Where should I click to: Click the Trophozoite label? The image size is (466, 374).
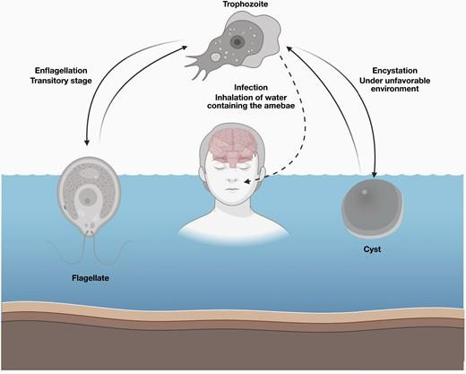[246, 4]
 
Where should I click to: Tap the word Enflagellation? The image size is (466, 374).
[61, 71]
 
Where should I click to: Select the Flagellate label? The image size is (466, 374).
[91, 278]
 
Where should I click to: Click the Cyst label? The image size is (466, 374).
[372, 249]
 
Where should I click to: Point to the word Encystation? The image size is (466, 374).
[394, 71]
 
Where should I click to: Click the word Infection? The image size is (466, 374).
[251, 88]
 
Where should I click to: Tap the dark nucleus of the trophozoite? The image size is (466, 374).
[237, 42]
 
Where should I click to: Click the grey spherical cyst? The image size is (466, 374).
[372, 207]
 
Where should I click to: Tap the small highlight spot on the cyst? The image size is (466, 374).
[364, 192]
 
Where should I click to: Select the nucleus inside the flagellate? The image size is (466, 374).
[87, 200]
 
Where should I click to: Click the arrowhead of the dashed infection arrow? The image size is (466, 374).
[247, 181]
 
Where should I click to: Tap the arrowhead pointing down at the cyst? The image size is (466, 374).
[374, 175]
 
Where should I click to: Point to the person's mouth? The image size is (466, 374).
[231, 189]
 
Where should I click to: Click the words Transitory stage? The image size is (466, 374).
[61, 81]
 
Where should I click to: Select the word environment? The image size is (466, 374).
[394, 89]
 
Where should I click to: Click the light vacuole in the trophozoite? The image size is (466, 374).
[216, 57]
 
